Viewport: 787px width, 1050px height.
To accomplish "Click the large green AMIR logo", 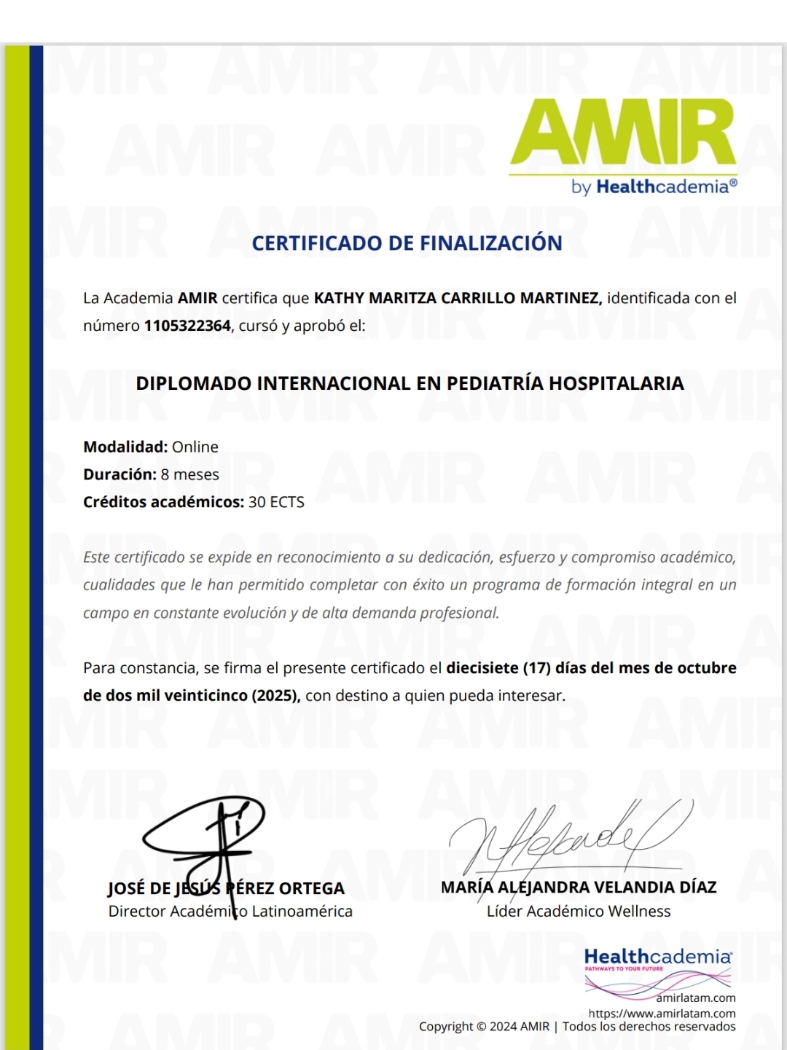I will click(623, 133).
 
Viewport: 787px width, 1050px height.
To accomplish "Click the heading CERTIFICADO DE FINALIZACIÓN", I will click(407, 243).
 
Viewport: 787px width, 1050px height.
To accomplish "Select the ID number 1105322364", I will click(187, 326).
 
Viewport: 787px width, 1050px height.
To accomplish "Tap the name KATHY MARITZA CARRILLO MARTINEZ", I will click(457, 298).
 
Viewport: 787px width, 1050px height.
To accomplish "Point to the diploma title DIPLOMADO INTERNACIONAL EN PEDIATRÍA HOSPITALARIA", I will click(410, 383).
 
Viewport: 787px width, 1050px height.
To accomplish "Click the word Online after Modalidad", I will click(195, 447).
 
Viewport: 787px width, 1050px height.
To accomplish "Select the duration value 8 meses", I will click(189, 474).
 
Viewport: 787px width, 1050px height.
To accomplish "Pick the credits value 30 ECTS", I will click(276, 502).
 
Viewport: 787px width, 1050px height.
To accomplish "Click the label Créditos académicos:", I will click(163, 502).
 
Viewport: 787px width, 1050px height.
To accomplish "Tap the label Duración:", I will click(120, 474).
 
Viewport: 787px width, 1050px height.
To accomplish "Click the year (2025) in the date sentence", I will click(275, 695).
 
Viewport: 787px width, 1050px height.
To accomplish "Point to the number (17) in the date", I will click(536, 667).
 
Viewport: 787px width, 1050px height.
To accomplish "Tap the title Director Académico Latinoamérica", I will click(230, 912).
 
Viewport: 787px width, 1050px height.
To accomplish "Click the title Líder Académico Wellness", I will click(579, 912).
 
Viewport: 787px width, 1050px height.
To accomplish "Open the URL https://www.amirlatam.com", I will click(662, 1014).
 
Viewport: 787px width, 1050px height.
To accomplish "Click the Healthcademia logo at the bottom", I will click(657, 962).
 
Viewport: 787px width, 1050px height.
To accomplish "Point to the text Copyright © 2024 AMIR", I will click(484, 1027).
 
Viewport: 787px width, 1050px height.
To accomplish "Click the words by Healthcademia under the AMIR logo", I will click(654, 187).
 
